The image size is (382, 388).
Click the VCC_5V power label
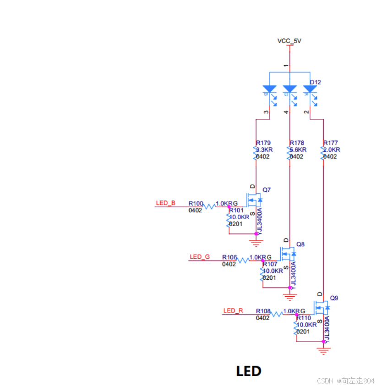tap(289, 41)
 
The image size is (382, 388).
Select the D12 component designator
tap(315, 82)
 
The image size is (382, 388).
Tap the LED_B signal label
tap(165, 203)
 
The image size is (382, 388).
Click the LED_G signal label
tap(200, 256)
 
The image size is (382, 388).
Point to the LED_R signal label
tap(233, 310)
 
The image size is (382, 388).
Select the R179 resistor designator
tap(263, 143)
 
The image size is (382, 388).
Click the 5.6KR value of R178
tap(298, 150)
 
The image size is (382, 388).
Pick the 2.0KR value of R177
tap(332, 150)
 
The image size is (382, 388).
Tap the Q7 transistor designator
tap(267, 189)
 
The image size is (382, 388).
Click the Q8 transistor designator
tap(300, 244)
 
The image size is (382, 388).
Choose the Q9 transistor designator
tap(334, 298)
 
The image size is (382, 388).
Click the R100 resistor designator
tap(196, 203)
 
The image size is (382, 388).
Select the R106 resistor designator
tap(229, 257)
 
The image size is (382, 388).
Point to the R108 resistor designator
tap(263, 311)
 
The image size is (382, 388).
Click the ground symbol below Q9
tap(324, 351)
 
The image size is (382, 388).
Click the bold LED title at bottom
tap(249, 371)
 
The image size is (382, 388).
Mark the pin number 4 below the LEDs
tap(286, 112)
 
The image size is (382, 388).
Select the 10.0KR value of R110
tap(306, 324)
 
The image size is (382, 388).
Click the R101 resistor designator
tap(236, 210)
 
